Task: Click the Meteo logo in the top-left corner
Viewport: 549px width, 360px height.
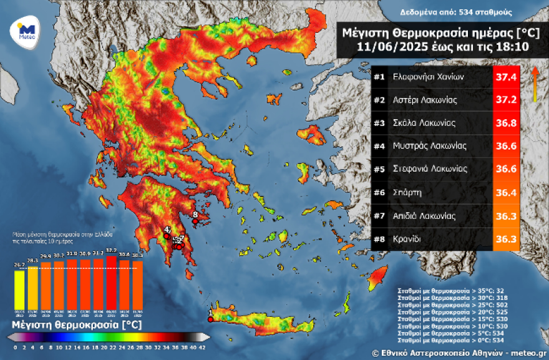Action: pyautogui.click(x=25, y=31)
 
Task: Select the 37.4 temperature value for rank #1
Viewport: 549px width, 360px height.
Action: pyautogui.click(x=506, y=77)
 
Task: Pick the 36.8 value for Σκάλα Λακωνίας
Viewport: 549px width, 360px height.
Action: pyautogui.click(x=506, y=124)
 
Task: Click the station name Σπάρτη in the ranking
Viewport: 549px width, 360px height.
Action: pyautogui.click(x=407, y=193)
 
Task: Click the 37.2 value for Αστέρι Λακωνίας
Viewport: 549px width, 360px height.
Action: pyautogui.click(x=506, y=100)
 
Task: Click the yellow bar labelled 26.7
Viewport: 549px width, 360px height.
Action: pyautogui.click(x=20, y=288)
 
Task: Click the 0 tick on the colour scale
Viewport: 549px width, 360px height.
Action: pyautogui.click(x=15, y=346)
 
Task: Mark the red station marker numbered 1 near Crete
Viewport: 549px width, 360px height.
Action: pyautogui.click(x=210, y=319)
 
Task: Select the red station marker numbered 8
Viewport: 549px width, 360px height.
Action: pyautogui.click(x=195, y=220)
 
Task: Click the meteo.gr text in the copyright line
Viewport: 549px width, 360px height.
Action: pyautogui.click(x=528, y=353)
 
